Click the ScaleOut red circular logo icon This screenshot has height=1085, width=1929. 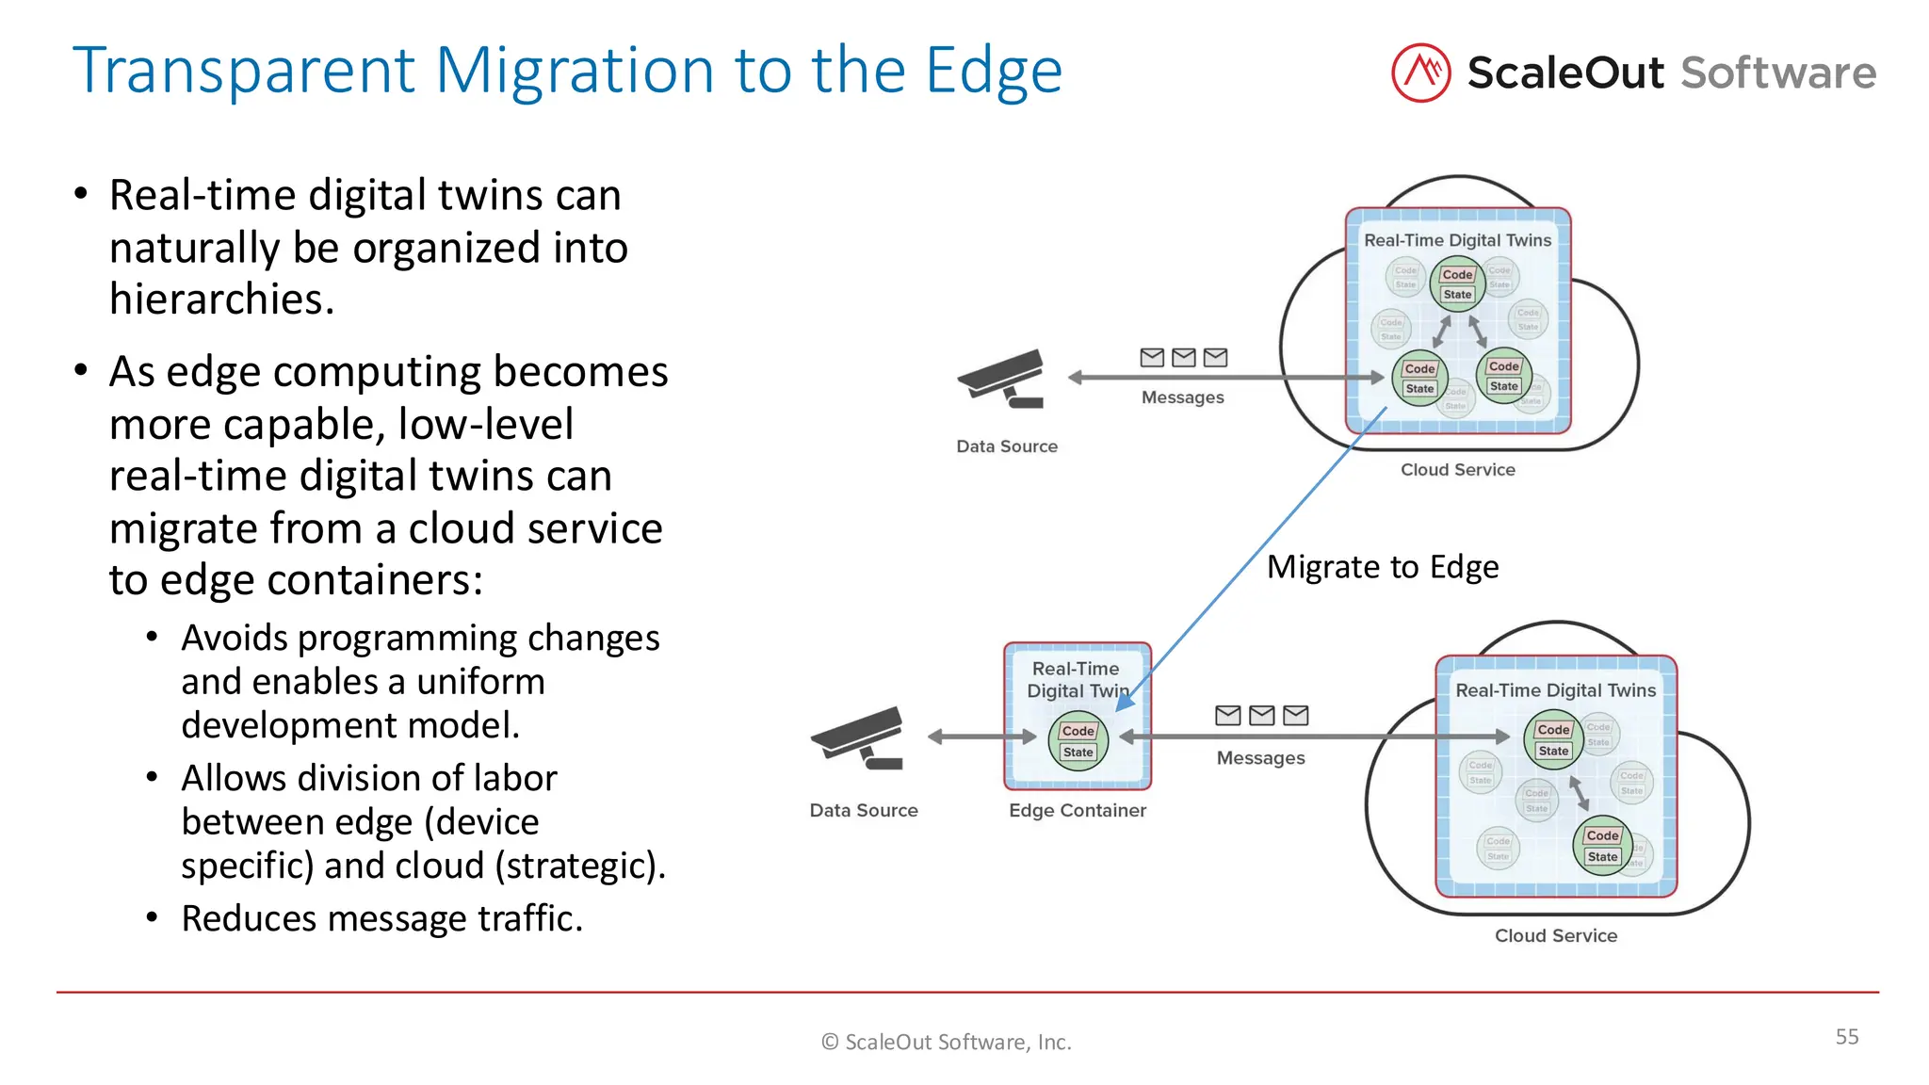point(1420,73)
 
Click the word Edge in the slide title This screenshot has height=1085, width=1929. point(993,72)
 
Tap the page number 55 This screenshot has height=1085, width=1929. point(1846,1036)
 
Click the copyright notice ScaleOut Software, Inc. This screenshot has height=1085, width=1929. point(947,1042)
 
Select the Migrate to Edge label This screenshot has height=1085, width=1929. point(1382,567)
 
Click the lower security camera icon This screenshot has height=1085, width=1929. point(860,738)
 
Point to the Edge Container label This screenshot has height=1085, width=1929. point(1077,810)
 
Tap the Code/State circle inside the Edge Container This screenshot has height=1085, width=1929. point(1078,741)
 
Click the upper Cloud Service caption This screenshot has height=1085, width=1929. point(1457,469)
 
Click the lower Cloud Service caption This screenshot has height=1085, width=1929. point(1555,935)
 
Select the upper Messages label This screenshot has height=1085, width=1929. point(1182,397)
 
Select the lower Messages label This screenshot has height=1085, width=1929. point(1260,758)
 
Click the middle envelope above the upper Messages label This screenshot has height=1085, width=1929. point(1183,357)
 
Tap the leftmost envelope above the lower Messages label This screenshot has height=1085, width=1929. point(1227,716)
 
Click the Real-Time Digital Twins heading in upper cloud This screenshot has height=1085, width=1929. point(1457,240)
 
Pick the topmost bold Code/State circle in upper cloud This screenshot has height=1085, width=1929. point(1457,283)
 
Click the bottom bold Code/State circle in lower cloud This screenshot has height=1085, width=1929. point(1601,846)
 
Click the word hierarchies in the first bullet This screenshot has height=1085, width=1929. point(221,300)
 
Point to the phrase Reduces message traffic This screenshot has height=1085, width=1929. point(381,918)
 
